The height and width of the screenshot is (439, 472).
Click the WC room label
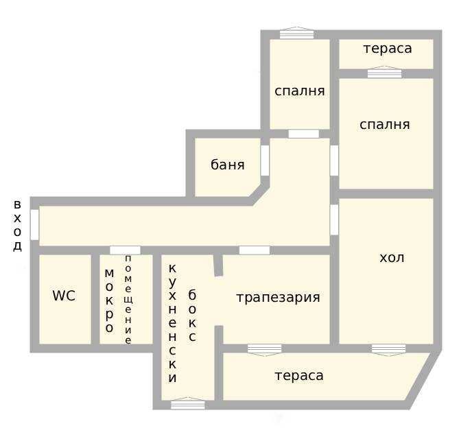pos(64,296)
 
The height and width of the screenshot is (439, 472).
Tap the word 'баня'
pos(227,165)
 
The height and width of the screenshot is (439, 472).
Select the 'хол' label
pos(392,258)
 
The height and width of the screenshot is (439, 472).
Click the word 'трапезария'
pos(278,298)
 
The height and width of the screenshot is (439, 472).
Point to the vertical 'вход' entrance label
pos(17,226)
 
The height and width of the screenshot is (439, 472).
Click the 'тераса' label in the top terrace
pos(388,49)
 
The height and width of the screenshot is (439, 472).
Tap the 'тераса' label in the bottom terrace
pos(299,376)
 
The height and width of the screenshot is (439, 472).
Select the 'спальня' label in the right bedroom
pos(385,125)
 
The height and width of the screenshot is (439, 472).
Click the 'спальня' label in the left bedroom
pos(299,91)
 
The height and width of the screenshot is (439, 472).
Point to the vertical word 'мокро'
pos(109,300)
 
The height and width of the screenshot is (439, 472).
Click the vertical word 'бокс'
pos(192,316)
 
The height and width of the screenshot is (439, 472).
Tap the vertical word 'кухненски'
pos(172,322)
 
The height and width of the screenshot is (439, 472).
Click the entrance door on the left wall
pos(34,224)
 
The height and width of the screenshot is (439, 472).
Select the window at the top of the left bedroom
pos(296,33)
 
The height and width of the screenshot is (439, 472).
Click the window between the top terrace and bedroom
pos(384,72)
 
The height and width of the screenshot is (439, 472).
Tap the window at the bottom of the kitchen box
pos(187,404)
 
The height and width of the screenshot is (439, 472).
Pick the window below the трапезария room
pos(264,349)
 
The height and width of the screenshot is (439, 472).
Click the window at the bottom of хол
pos(388,349)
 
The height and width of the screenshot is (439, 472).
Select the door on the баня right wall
pos(265,161)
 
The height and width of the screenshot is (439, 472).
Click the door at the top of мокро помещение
pos(125,250)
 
